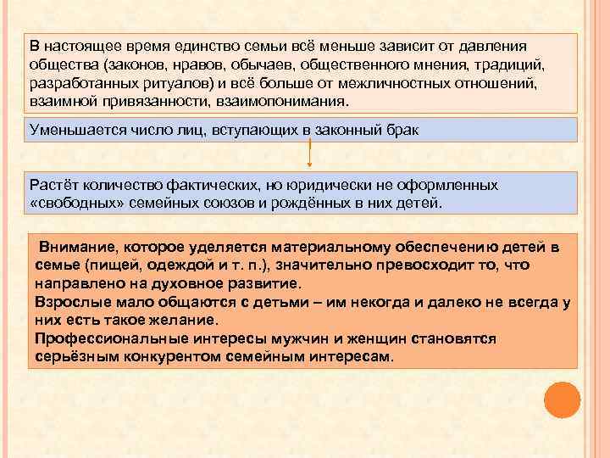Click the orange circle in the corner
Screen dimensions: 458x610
point(562,399)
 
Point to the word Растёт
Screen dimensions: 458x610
point(51,184)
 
